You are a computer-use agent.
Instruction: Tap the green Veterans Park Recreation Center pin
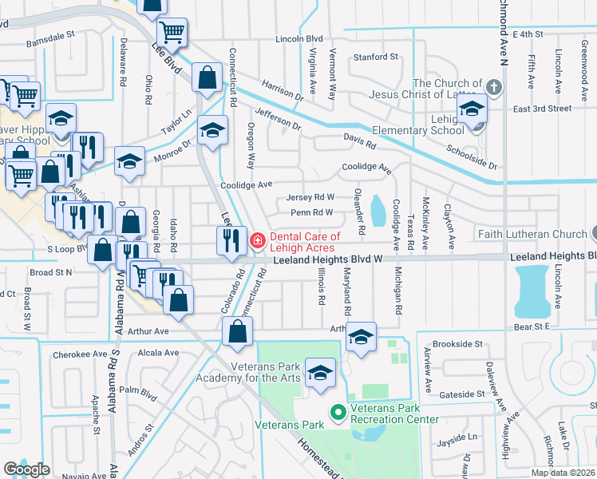(338, 413)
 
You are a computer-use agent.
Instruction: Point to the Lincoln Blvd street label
(298, 38)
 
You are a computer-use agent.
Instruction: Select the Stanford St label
(375, 57)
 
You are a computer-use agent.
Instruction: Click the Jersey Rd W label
(310, 197)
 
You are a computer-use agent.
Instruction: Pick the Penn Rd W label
(311, 212)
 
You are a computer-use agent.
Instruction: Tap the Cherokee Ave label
(79, 354)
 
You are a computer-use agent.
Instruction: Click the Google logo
(26, 469)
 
